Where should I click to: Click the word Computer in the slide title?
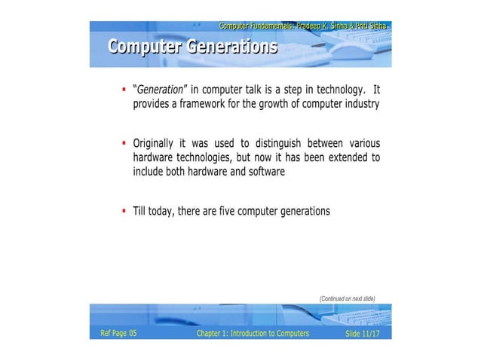[x=145, y=47]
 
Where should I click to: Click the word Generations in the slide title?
[x=232, y=47]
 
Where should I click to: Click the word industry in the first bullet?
[x=359, y=105]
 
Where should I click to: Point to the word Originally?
[x=155, y=143]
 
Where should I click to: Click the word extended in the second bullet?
[x=341, y=157]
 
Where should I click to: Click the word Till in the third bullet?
[x=140, y=211]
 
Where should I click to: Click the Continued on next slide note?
[x=347, y=298]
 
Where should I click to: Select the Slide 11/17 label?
[x=363, y=333]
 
